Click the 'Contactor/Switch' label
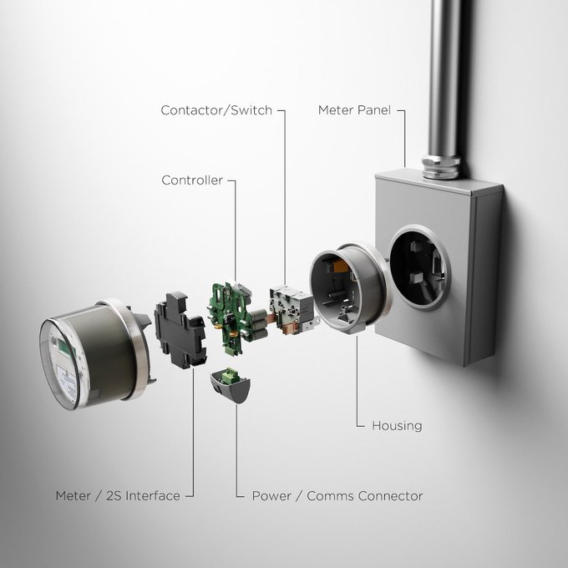coord(216,110)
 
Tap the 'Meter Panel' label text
coord(354,110)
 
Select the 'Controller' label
coord(191,180)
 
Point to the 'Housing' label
coord(397,425)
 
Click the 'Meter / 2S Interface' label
coord(117,495)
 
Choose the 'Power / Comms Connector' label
coord(337,495)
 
